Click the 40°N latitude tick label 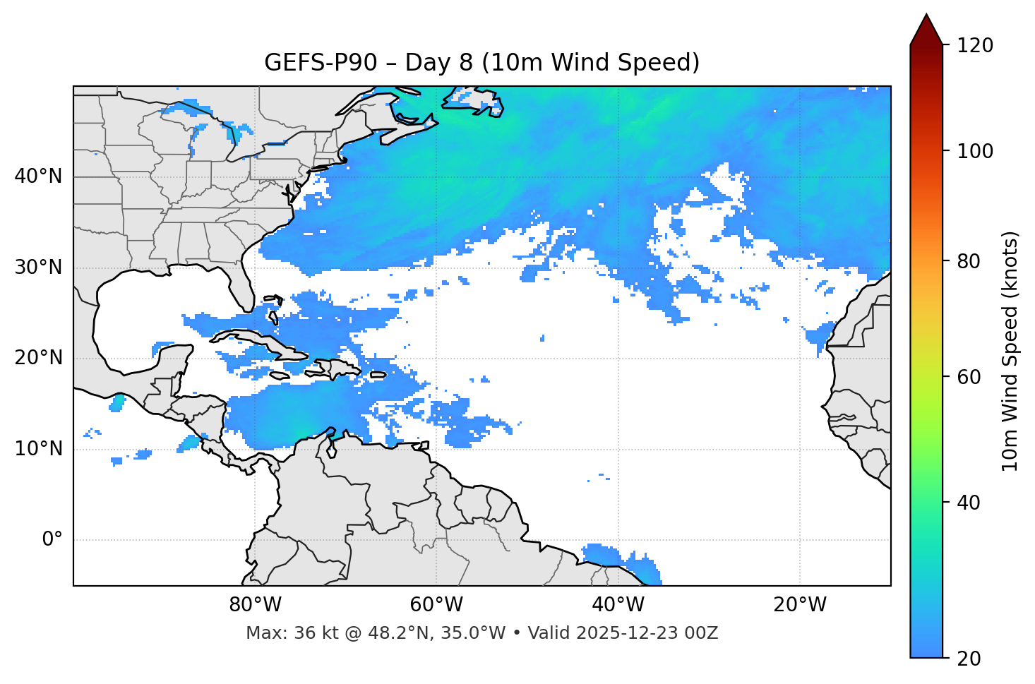(x=38, y=176)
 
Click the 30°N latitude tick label (x=38, y=268)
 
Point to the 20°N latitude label (x=38, y=358)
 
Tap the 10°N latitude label (x=38, y=449)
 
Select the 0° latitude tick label (x=52, y=540)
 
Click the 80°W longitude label (x=255, y=605)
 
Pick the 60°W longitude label (x=436, y=605)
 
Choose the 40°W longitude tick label (x=618, y=605)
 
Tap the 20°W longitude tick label (x=799, y=605)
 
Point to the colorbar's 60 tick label (x=971, y=377)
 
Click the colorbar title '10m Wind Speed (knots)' (x=1010, y=352)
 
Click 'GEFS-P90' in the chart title (x=322, y=63)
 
